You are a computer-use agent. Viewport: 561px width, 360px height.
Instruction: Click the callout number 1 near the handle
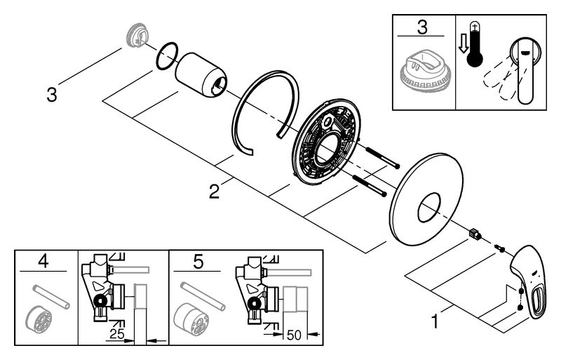coord(436,324)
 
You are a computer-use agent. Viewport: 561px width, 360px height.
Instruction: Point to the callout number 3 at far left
coord(50,93)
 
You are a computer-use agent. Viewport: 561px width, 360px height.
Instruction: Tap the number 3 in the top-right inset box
coord(421,29)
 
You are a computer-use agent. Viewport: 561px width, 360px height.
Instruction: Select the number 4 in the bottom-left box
coord(44,262)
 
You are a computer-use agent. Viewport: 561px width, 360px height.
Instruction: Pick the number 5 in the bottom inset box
coord(198,262)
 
